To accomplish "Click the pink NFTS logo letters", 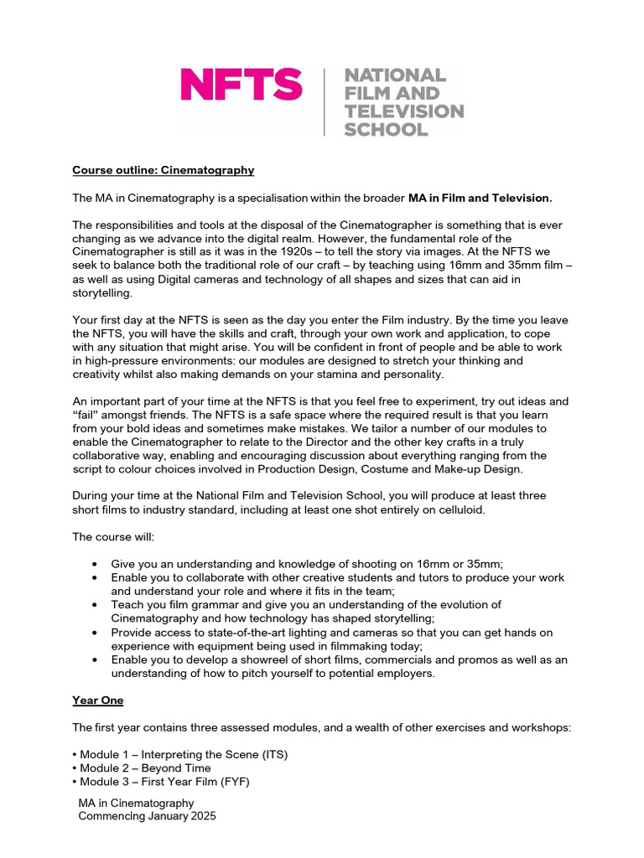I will (x=241, y=85).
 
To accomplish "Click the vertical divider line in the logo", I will (x=325, y=102).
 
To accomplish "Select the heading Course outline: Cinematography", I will (x=163, y=170).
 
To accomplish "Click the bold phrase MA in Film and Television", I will (x=480, y=198).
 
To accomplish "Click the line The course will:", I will (x=113, y=536).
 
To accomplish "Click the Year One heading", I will (x=98, y=700).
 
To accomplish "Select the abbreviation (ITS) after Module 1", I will (x=273, y=754).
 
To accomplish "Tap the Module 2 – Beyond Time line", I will (x=144, y=768).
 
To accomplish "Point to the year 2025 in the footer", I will (x=202, y=816).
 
